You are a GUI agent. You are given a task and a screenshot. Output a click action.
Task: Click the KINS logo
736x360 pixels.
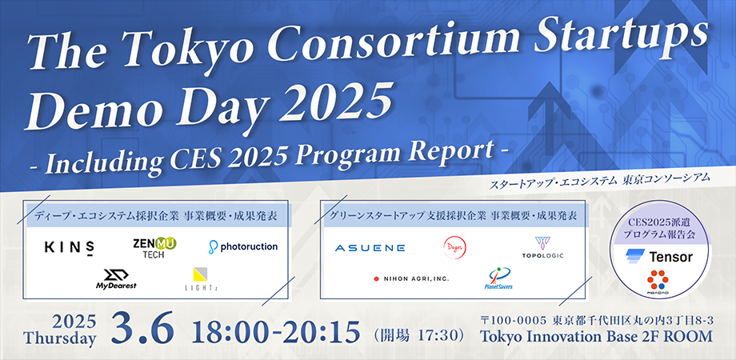pyautogui.click(x=70, y=247)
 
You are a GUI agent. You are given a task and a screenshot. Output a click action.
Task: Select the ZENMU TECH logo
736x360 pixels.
pyautogui.click(x=154, y=247)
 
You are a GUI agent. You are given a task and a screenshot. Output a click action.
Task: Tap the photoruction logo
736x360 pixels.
pyautogui.click(x=243, y=246)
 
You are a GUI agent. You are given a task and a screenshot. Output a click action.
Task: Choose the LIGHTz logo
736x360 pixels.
pyautogui.click(x=199, y=278)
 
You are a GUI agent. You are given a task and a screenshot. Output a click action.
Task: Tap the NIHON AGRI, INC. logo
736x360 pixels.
pyautogui.click(x=411, y=279)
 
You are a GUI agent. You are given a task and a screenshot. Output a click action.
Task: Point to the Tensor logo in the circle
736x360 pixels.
pyautogui.click(x=660, y=257)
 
